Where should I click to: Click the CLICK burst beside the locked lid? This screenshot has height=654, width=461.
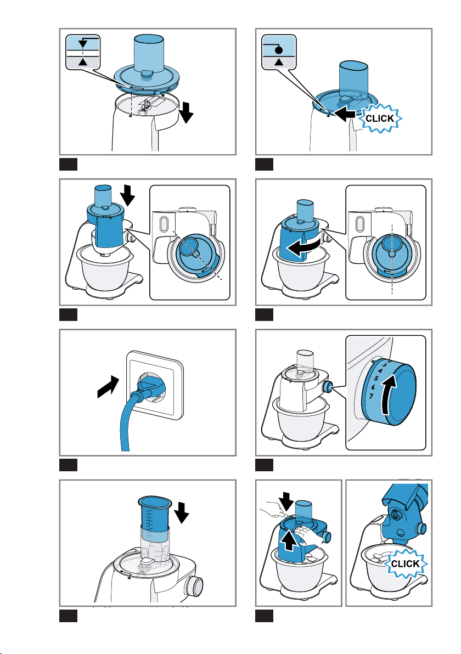click(380, 119)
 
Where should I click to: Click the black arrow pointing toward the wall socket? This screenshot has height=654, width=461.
click(108, 386)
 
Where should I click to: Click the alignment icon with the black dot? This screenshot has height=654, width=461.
click(279, 52)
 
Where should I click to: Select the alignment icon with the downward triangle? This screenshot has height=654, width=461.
click(83, 52)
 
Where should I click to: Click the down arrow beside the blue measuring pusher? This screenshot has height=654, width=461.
click(182, 512)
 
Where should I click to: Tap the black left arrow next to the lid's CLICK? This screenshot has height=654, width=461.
click(345, 114)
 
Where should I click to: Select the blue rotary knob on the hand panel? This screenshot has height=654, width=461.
click(325, 535)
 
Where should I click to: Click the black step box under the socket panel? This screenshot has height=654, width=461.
click(69, 465)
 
